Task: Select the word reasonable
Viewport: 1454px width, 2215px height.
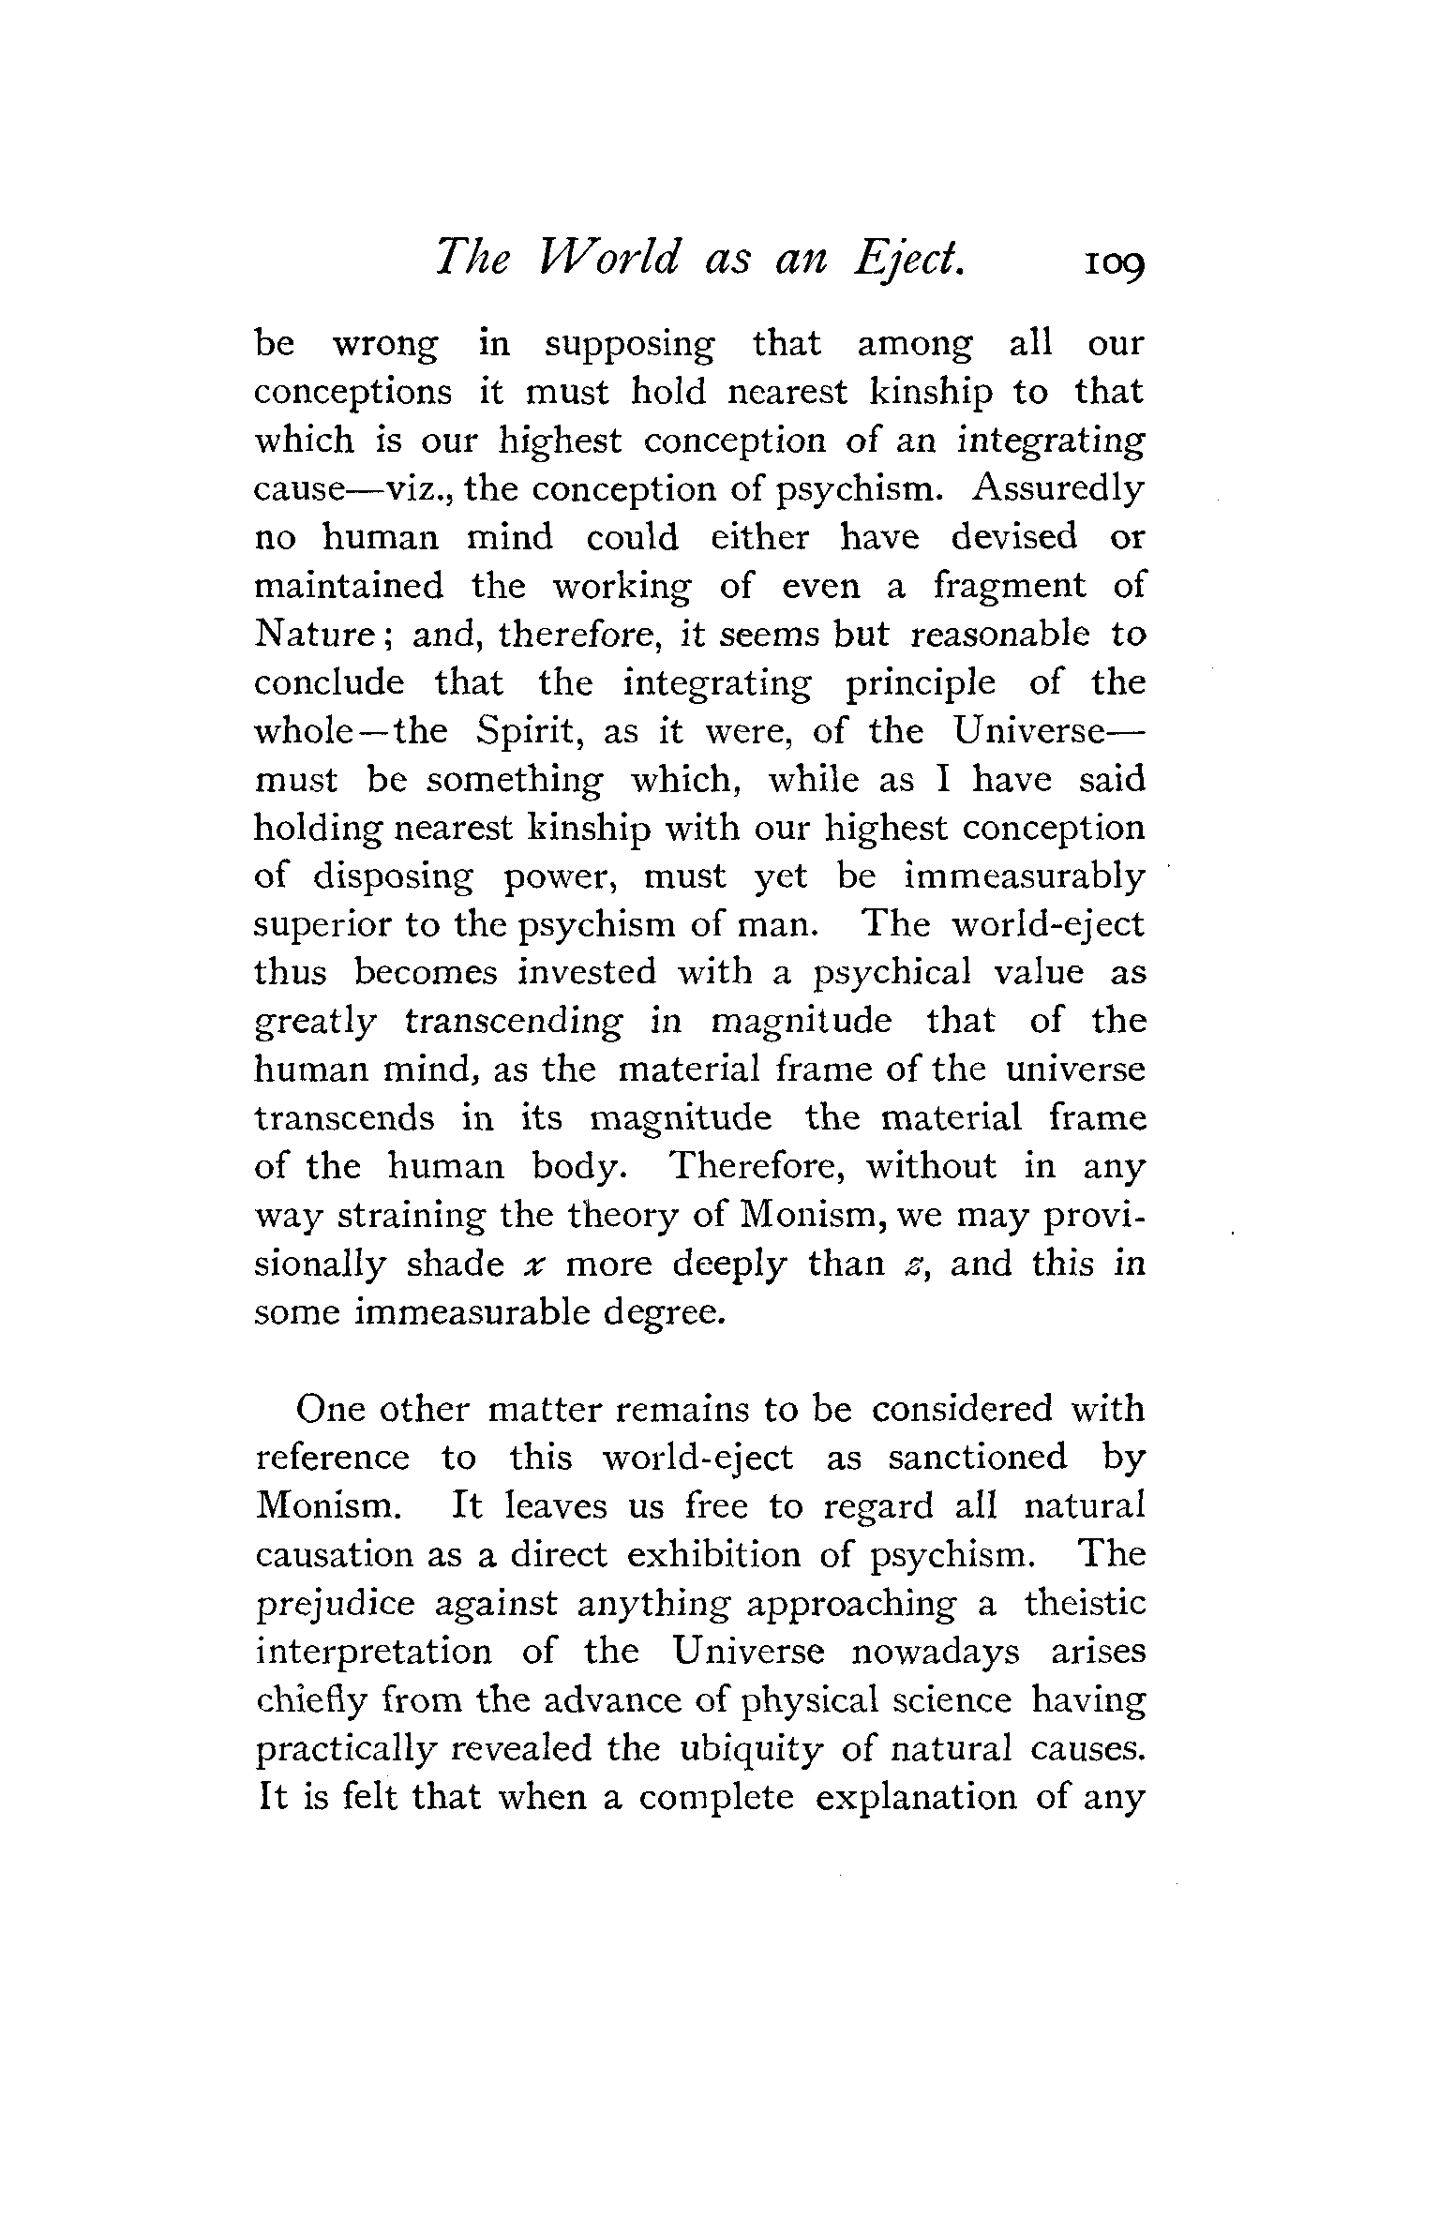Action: tap(1001, 635)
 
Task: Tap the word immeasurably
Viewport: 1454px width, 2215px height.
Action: tap(1025, 876)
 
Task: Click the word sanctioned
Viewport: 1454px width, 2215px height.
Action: tap(978, 1458)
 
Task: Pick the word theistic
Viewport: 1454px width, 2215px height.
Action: tap(1085, 1602)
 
